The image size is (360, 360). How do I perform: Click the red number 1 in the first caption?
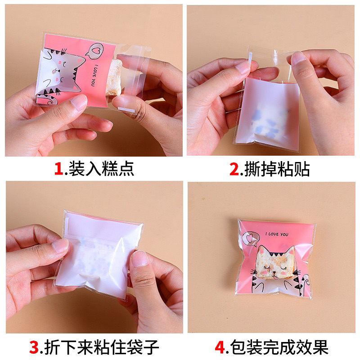(x=58, y=168)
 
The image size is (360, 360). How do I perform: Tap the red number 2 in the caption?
(x=234, y=169)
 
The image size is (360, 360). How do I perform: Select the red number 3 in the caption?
(x=34, y=347)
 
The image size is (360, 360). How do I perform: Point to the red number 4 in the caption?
(x=220, y=347)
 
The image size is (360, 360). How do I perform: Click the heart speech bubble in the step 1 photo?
(x=94, y=51)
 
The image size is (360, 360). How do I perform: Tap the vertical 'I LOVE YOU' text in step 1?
(x=93, y=76)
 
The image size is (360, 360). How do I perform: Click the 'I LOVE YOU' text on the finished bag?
(x=277, y=234)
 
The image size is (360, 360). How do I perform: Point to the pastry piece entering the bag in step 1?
(x=114, y=77)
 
